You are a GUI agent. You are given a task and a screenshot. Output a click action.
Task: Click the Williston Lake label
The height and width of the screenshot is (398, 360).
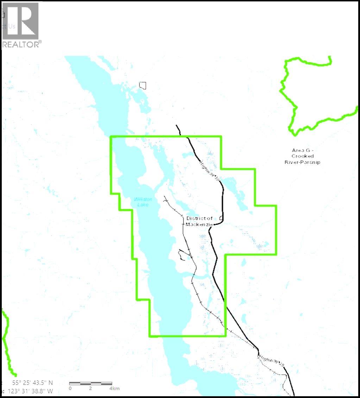142,202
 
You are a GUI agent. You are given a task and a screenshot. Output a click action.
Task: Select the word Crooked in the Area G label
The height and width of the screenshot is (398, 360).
303,156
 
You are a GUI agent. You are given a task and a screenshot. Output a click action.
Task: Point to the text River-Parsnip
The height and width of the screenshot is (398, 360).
303,162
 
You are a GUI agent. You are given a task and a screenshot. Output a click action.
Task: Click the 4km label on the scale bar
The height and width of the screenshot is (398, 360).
114,388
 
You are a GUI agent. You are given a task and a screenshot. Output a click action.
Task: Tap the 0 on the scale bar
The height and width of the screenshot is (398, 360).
70,388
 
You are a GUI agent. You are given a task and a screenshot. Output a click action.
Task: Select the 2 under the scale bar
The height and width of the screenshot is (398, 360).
90,388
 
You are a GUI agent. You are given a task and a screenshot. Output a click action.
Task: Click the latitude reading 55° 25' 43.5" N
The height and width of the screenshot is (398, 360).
33,383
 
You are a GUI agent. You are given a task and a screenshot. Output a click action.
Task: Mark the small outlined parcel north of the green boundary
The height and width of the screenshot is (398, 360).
143,86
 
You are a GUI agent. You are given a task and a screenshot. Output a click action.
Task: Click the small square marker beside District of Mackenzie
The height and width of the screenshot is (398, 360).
221,218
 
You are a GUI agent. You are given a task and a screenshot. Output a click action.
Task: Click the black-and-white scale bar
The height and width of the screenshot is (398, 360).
90,383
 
